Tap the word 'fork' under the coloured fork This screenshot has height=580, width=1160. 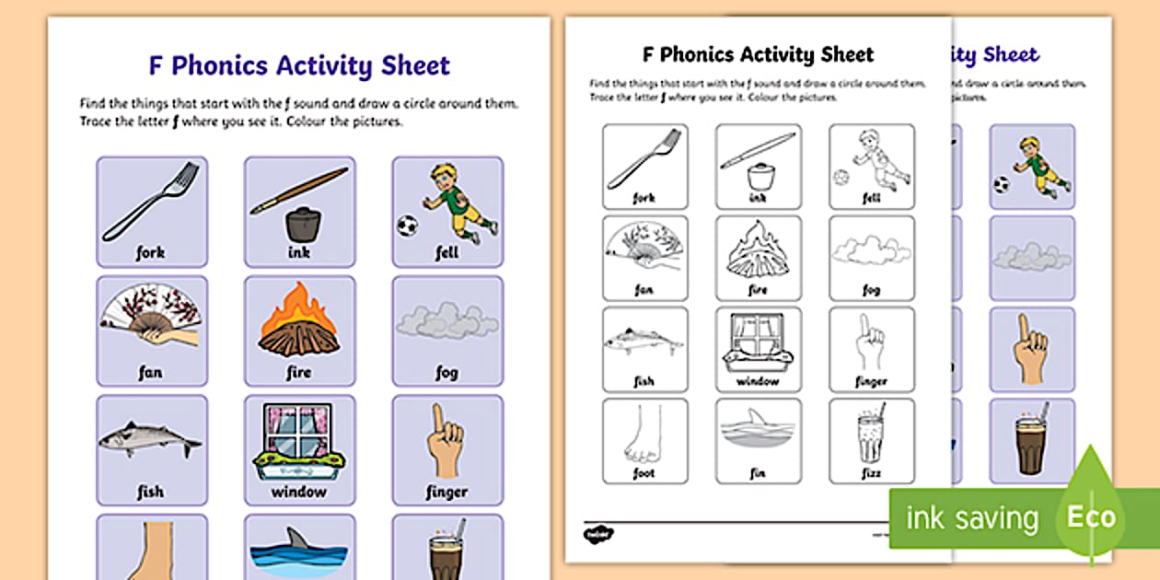point(151,253)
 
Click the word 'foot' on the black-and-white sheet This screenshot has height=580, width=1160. point(644,472)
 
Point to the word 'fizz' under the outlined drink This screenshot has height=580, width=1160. point(871,472)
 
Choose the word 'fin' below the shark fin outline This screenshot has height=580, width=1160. point(758,472)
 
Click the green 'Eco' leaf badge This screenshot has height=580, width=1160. point(1091,516)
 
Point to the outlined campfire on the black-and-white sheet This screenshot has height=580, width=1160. point(757,249)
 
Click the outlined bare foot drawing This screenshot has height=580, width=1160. point(644,436)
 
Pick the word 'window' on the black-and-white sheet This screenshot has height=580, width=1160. point(758,381)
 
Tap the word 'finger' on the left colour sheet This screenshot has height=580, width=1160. point(447,492)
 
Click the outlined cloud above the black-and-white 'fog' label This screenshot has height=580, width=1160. point(871,249)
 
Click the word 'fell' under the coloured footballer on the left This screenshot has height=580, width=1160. point(447,253)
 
